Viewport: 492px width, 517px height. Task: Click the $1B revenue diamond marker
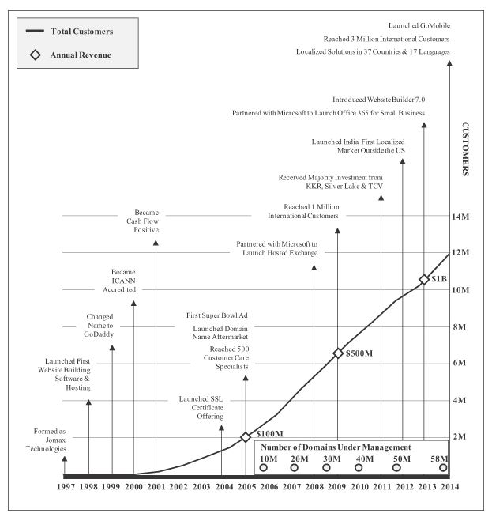click(424, 279)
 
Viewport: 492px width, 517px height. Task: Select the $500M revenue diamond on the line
click(338, 353)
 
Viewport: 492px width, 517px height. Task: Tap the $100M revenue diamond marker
click(246, 437)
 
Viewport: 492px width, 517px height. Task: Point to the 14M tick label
click(460, 217)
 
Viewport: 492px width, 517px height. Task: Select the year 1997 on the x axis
click(65, 487)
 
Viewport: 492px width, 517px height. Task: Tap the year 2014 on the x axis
click(450, 487)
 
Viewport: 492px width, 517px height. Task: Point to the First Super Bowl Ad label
click(217, 314)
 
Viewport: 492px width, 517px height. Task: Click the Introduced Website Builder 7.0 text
click(379, 100)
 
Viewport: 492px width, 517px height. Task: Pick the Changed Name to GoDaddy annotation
click(100, 326)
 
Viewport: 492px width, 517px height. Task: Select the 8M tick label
click(460, 326)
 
